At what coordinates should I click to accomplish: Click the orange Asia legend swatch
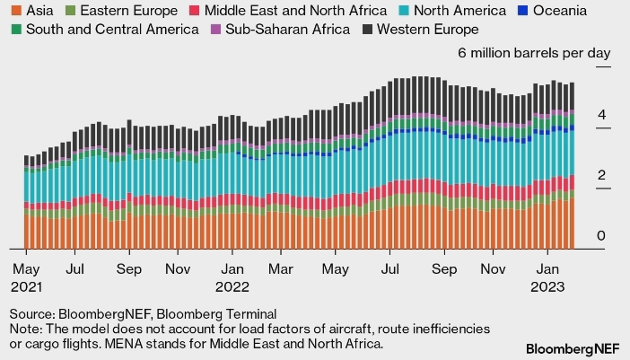tap(15, 11)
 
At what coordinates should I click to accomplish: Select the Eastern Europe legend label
tap(133, 11)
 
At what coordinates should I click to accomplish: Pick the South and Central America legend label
tap(111, 30)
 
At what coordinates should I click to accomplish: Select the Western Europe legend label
tap(428, 30)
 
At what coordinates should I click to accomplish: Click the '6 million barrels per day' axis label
tap(534, 53)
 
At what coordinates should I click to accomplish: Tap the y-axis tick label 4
tap(603, 115)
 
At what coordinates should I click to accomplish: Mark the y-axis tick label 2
tap(603, 176)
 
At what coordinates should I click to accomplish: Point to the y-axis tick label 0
tap(603, 236)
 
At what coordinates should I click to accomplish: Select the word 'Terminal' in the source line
tap(249, 313)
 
